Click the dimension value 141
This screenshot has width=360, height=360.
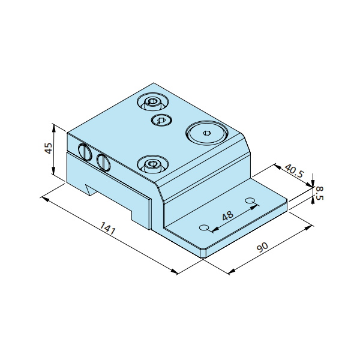coord(107,228)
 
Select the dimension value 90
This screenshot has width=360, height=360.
coord(262,247)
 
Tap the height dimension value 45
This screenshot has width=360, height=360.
coord(49,148)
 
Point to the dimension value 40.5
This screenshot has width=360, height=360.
coord(294,171)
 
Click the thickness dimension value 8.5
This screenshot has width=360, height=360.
coord(319,193)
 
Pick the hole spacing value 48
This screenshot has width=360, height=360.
coord(228,216)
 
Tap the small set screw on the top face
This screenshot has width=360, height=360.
coord(162,120)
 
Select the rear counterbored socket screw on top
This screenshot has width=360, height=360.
coord(153,101)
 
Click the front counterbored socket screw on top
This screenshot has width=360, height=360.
coord(152,164)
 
